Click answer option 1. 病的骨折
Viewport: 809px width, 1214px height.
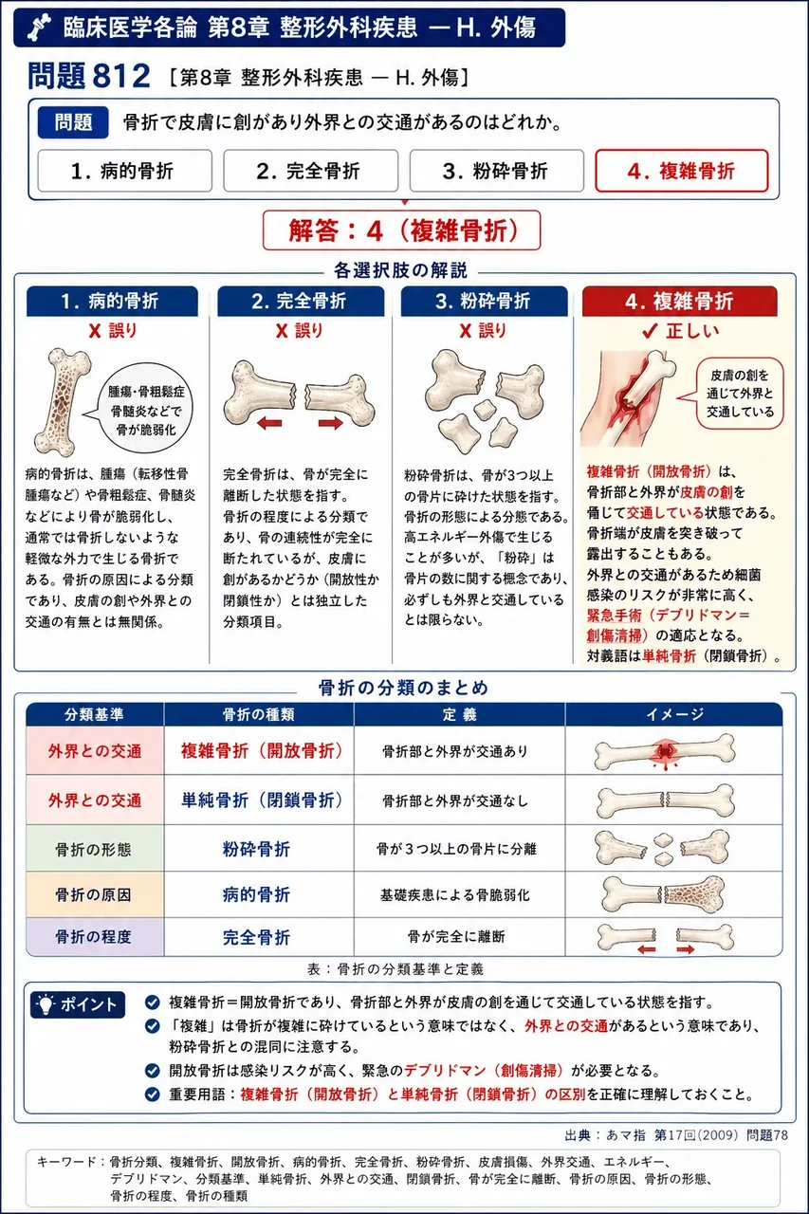tap(124, 171)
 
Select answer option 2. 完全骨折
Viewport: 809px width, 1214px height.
tap(310, 171)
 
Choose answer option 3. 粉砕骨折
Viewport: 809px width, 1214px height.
tap(496, 171)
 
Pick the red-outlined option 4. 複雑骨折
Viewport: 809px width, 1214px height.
tap(682, 171)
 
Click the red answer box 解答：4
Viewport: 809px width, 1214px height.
tap(401, 230)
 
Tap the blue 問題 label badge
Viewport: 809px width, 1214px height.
tap(73, 122)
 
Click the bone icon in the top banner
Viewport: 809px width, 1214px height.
tap(40, 28)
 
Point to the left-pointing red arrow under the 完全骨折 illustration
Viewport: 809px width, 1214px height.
tap(270, 423)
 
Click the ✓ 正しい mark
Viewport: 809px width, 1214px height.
tap(680, 331)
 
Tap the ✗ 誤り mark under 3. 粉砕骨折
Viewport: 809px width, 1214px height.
tap(482, 331)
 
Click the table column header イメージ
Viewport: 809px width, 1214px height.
tap(674, 714)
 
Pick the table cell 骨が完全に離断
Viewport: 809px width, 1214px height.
tap(456, 936)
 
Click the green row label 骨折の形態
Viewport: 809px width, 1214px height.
tap(94, 849)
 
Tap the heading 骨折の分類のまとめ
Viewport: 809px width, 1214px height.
tap(403, 688)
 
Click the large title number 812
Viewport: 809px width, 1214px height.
tap(121, 76)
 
